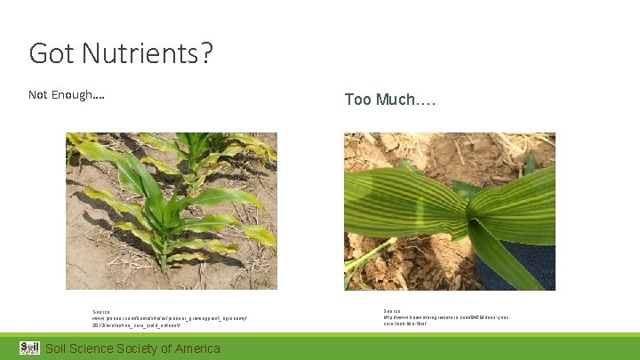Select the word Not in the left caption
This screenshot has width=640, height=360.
coord(38,95)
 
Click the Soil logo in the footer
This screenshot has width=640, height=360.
coord(29,348)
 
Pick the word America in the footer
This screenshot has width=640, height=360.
coord(198,348)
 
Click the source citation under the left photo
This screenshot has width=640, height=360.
coord(169,318)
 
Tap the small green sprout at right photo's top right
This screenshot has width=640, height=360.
coord(530,164)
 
